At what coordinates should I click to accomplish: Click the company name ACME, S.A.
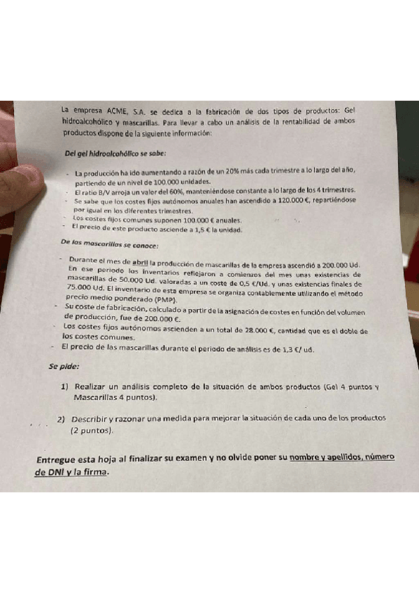click(122, 112)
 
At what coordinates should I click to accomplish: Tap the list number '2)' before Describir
click(62, 419)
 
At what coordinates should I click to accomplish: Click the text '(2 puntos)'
click(92, 431)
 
